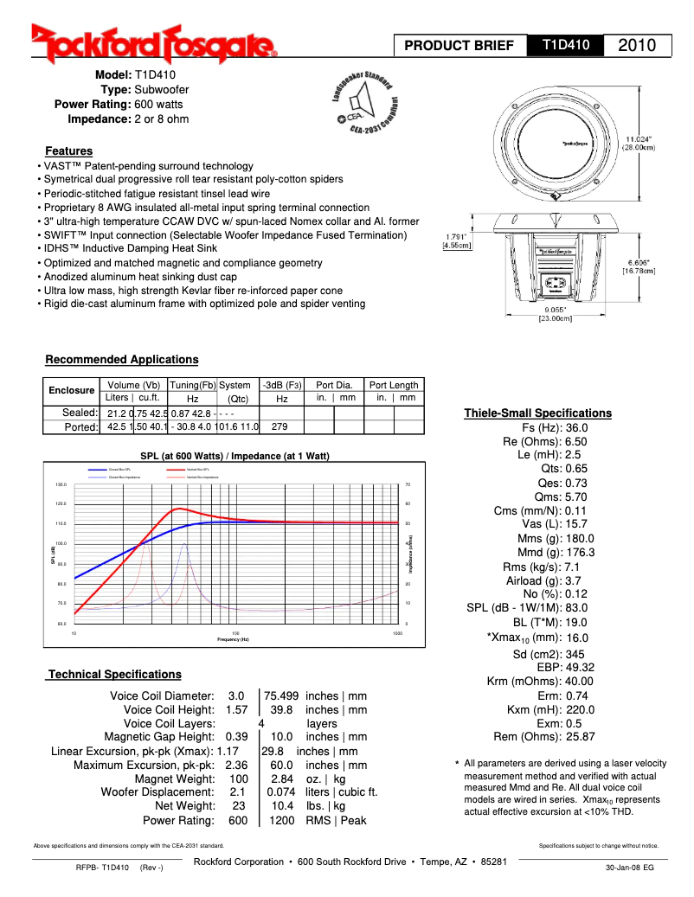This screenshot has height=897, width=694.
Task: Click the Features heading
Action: pyautogui.click(x=68, y=151)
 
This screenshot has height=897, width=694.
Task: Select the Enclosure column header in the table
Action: pyautogui.click(x=72, y=391)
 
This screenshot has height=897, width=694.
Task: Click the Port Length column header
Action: pyautogui.click(x=394, y=385)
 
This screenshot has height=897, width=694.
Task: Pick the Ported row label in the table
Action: pyautogui.click(x=81, y=426)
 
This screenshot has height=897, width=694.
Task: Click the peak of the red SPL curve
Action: pyautogui.click(x=179, y=509)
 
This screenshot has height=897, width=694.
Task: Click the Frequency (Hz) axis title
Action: pyautogui.click(x=233, y=639)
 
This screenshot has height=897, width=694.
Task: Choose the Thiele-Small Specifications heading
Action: pyautogui.click(x=537, y=413)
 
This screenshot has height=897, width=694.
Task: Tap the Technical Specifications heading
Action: pyautogui.click(x=114, y=674)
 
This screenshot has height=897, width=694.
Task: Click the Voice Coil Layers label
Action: pyautogui.click(x=169, y=723)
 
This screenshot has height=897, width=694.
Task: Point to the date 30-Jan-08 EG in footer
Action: pyautogui.click(x=629, y=868)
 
